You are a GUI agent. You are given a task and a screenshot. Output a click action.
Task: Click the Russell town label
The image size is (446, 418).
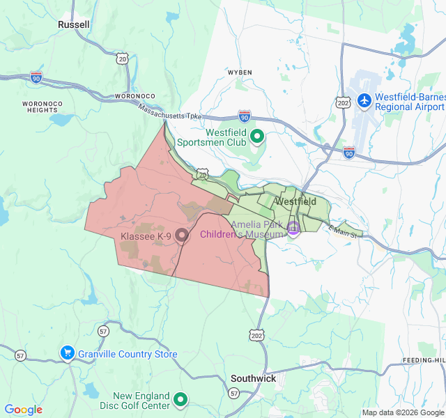click(x=74, y=24)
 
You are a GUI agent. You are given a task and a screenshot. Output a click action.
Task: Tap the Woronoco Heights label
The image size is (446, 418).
click(x=38, y=106)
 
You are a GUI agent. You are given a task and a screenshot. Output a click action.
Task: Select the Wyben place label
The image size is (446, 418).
click(x=239, y=72)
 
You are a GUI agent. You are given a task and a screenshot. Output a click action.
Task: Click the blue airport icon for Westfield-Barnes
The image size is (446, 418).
click(x=363, y=100)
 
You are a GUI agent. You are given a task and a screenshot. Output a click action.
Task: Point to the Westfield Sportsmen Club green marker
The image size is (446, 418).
click(x=256, y=136)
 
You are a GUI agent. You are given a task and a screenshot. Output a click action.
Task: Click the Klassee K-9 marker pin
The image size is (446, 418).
click(x=182, y=236)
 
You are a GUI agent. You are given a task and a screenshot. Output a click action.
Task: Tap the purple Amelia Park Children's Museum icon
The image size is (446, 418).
click(x=293, y=227)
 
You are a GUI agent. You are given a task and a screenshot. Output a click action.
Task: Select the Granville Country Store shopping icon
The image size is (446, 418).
click(x=68, y=354)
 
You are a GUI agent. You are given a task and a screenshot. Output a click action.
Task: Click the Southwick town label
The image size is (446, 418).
click(x=253, y=378)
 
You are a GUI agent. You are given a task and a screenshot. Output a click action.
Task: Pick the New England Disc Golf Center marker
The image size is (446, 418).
click(x=180, y=399)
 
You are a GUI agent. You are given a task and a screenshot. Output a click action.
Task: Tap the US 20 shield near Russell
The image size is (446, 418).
click(x=123, y=59)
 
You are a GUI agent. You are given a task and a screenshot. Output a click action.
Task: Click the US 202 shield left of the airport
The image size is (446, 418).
click(x=343, y=102)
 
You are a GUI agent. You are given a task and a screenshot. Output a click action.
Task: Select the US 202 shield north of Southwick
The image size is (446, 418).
click(x=258, y=336)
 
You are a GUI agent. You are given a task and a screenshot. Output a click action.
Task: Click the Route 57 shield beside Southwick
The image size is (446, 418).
click(x=234, y=394)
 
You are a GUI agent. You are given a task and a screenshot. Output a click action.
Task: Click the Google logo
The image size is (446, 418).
click(x=24, y=410)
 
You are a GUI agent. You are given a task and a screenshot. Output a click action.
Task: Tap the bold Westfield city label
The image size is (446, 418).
click(x=295, y=201)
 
